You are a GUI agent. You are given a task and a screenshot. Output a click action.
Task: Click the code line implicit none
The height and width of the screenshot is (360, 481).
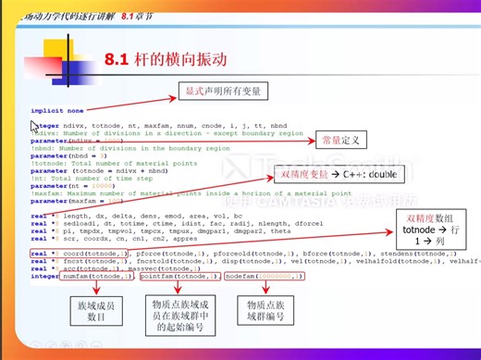click(56, 111)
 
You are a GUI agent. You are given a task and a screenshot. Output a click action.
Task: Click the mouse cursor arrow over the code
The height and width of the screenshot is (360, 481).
click(35, 127)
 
